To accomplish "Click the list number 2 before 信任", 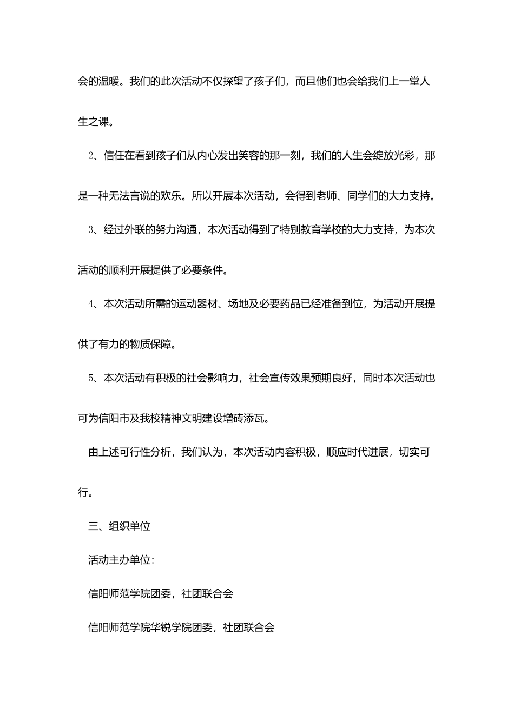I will (91, 156).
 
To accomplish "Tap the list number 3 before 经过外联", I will (91, 230).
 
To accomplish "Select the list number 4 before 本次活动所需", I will (91, 304).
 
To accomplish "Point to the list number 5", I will (91, 378).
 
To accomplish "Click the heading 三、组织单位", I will (120, 526).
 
